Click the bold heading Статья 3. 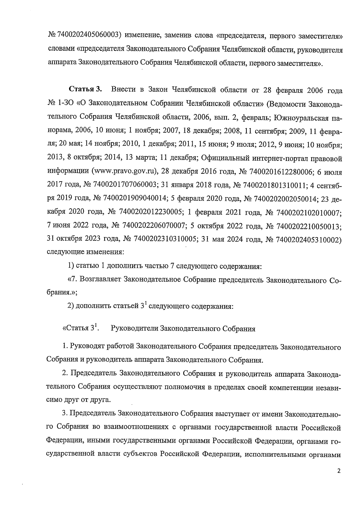85,90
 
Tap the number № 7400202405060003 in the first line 85,36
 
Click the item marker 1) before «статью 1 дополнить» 71,266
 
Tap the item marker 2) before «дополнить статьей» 71,306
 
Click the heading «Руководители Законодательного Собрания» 183,329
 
